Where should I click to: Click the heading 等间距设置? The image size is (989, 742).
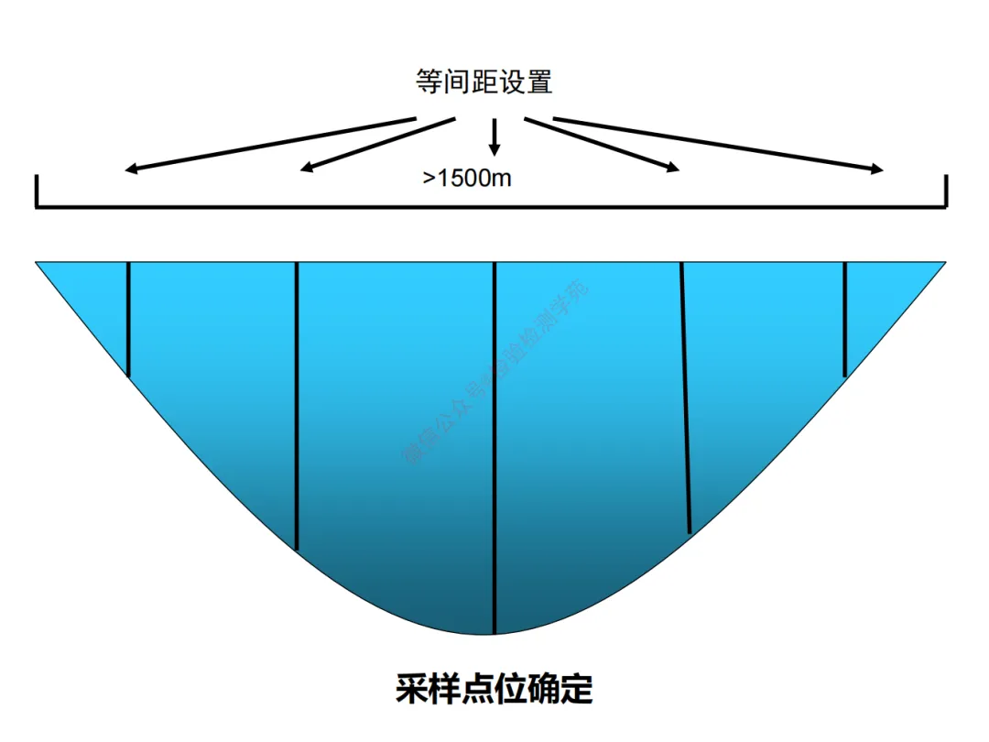click(x=484, y=82)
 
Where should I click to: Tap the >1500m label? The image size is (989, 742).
click(x=467, y=178)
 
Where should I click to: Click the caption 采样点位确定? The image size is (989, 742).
click(x=494, y=688)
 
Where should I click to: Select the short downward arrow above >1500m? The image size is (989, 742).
click(x=494, y=136)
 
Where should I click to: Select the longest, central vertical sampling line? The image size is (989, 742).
click(x=494, y=449)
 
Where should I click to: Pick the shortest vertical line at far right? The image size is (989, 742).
click(x=844, y=319)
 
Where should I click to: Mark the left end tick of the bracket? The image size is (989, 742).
click(x=37, y=191)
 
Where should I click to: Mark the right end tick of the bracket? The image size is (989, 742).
click(x=946, y=191)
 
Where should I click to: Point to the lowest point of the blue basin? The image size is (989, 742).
click(x=494, y=632)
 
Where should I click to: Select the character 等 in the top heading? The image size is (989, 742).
click(x=428, y=82)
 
